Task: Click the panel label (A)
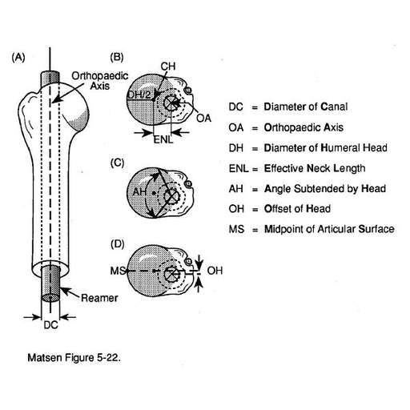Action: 18,58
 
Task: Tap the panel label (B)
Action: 117,58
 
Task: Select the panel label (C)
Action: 118,163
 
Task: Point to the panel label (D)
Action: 118,244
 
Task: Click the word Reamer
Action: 99,298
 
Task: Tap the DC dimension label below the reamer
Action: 50,325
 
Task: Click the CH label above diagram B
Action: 168,66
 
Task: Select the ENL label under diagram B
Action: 163,139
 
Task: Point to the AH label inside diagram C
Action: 139,191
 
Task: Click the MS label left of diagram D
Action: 118,271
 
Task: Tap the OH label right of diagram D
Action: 215,271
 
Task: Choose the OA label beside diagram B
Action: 203,118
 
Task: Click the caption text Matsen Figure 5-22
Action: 74,358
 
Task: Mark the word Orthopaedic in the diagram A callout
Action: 100,76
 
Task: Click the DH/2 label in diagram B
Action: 139,94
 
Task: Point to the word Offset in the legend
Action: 277,208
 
